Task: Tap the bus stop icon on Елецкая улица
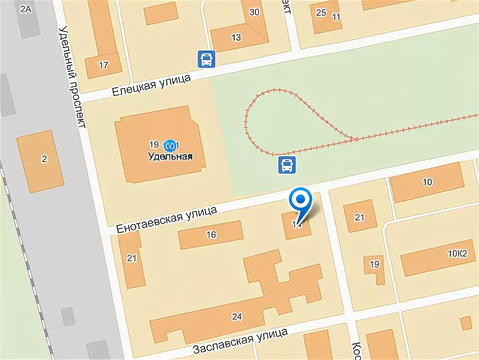(206, 60)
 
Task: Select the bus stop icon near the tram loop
(287, 165)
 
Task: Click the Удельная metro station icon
(170, 145)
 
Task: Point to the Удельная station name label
(170, 157)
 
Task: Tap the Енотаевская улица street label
(166, 218)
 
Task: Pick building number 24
(237, 317)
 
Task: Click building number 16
(211, 235)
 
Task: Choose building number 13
(236, 37)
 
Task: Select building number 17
(103, 65)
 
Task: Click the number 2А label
(26, 9)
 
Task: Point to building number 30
(254, 13)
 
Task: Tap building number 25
(321, 13)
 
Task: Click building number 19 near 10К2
(374, 264)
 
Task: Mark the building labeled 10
(427, 182)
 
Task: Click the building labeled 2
(44, 159)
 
